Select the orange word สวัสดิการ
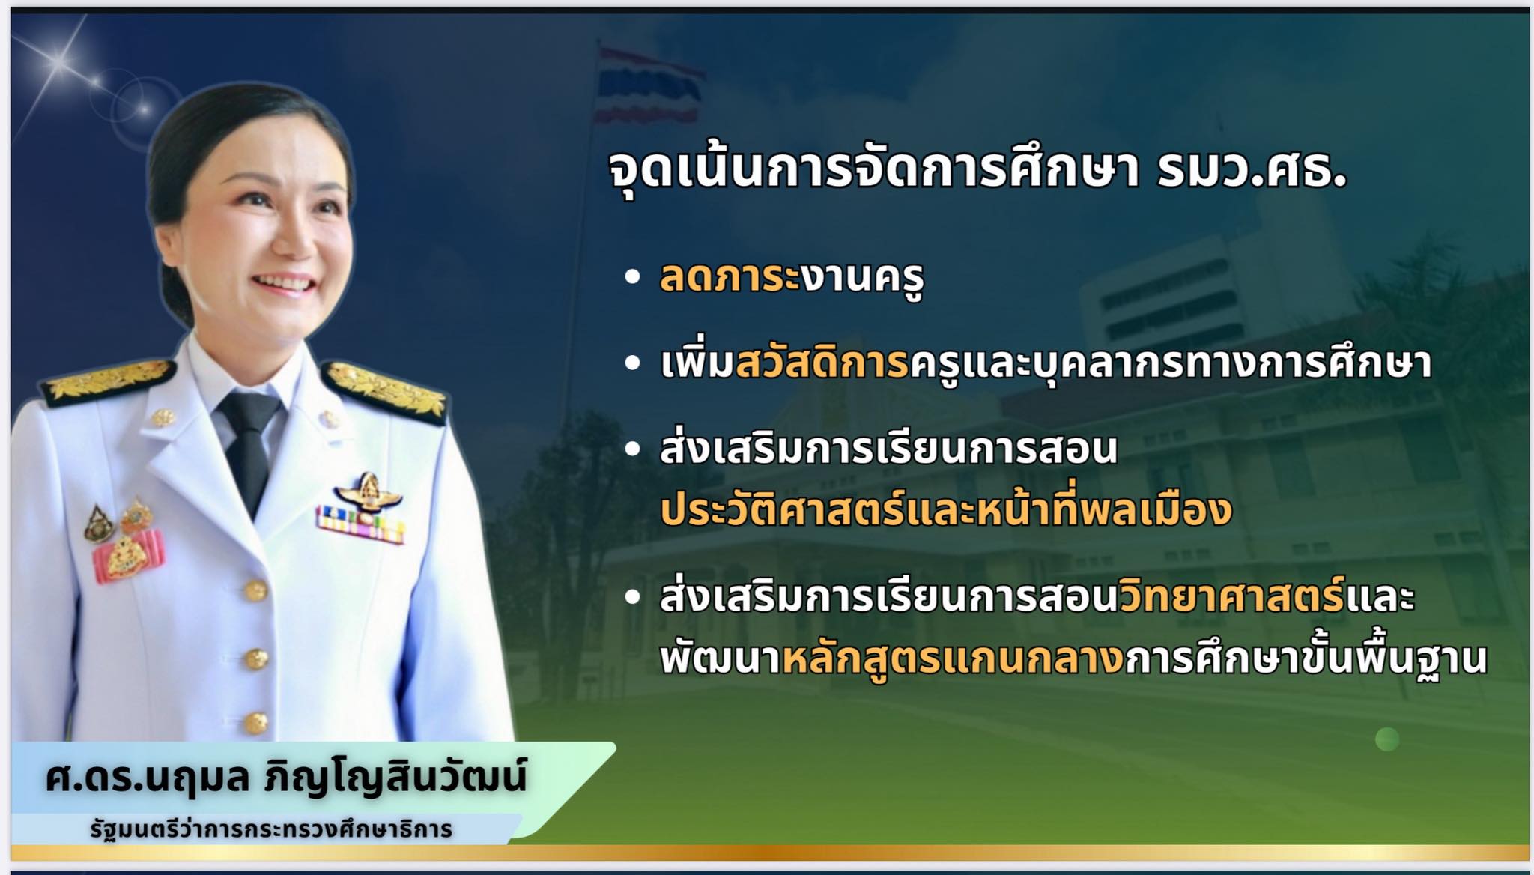coord(822,362)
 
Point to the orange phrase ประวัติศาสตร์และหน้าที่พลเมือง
coord(946,509)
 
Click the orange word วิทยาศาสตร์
coord(1231,596)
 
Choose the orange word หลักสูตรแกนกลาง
coord(953,658)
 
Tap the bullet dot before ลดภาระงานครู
coord(633,276)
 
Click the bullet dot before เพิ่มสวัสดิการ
coord(633,363)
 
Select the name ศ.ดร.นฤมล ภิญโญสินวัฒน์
coord(285,778)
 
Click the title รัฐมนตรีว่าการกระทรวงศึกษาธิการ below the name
coord(271,829)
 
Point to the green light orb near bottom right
coord(1387,739)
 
